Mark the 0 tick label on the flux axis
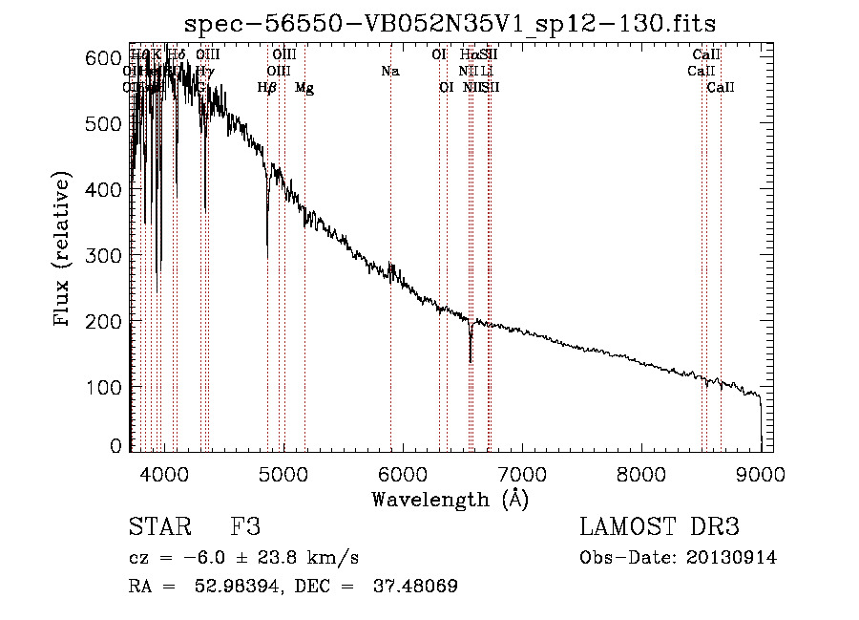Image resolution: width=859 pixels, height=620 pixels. point(115,446)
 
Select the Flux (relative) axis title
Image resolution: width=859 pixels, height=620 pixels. point(64,251)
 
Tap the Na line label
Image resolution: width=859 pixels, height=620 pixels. point(389,71)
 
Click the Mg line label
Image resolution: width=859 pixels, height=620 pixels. point(304,88)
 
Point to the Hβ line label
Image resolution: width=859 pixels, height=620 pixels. point(267,88)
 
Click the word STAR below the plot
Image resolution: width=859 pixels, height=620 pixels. point(159,527)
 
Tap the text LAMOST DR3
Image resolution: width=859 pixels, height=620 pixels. point(660,527)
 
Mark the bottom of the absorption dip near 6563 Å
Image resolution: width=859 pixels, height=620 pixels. point(471,361)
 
